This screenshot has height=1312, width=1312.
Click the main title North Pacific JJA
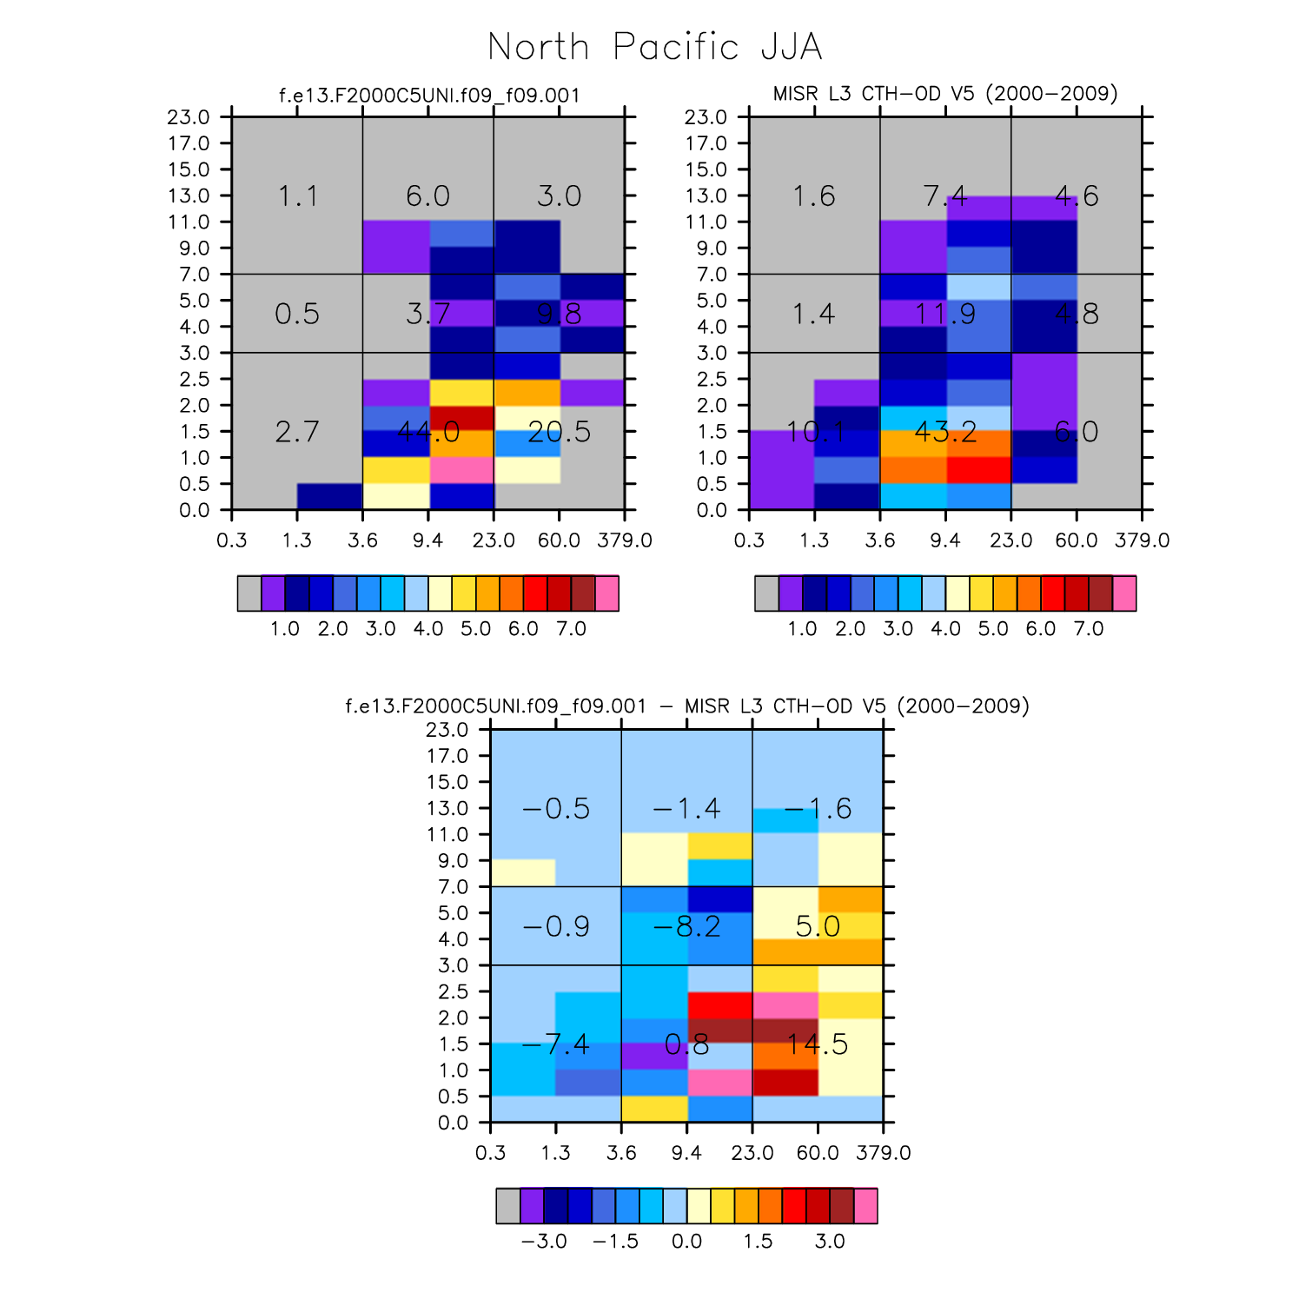pyautogui.click(x=655, y=47)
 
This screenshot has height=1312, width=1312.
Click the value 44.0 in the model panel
pyautogui.click(x=428, y=432)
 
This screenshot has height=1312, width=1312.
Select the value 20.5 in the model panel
pyautogui.click(x=559, y=432)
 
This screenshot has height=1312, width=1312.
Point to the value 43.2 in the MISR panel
pyautogui.click(x=945, y=432)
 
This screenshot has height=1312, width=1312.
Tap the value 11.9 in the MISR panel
pyautogui.click(x=945, y=314)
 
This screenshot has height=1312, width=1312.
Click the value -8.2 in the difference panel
pyautogui.click(x=686, y=926)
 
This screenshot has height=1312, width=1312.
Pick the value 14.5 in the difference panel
pyautogui.click(x=818, y=1044)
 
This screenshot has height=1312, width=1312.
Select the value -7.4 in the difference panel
pyautogui.click(x=556, y=1044)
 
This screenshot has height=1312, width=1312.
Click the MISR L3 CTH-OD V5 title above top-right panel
pyautogui.click(x=945, y=93)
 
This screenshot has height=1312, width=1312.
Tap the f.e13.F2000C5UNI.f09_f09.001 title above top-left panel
pyautogui.click(x=428, y=95)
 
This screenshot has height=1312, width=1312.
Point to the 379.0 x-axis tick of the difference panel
pyautogui.click(x=884, y=1153)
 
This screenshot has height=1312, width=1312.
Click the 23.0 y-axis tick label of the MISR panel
pyautogui.click(x=706, y=117)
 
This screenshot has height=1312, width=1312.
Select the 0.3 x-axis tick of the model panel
pyautogui.click(x=232, y=540)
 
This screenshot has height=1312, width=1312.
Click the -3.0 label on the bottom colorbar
pyautogui.click(x=544, y=1241)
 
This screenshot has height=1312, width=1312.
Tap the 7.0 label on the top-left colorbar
pyautogui.click(x=571, y=628)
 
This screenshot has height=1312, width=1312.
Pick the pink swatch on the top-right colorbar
pyautogui.click(x=1124, y=593)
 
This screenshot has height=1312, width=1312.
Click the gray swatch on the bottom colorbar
pyautogui.click(x=508, y=1206)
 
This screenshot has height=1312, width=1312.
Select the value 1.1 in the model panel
pyautogui.click(x=297, y=196)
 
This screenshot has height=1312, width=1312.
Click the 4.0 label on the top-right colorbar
pyautogui.click(x=945, y=628)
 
